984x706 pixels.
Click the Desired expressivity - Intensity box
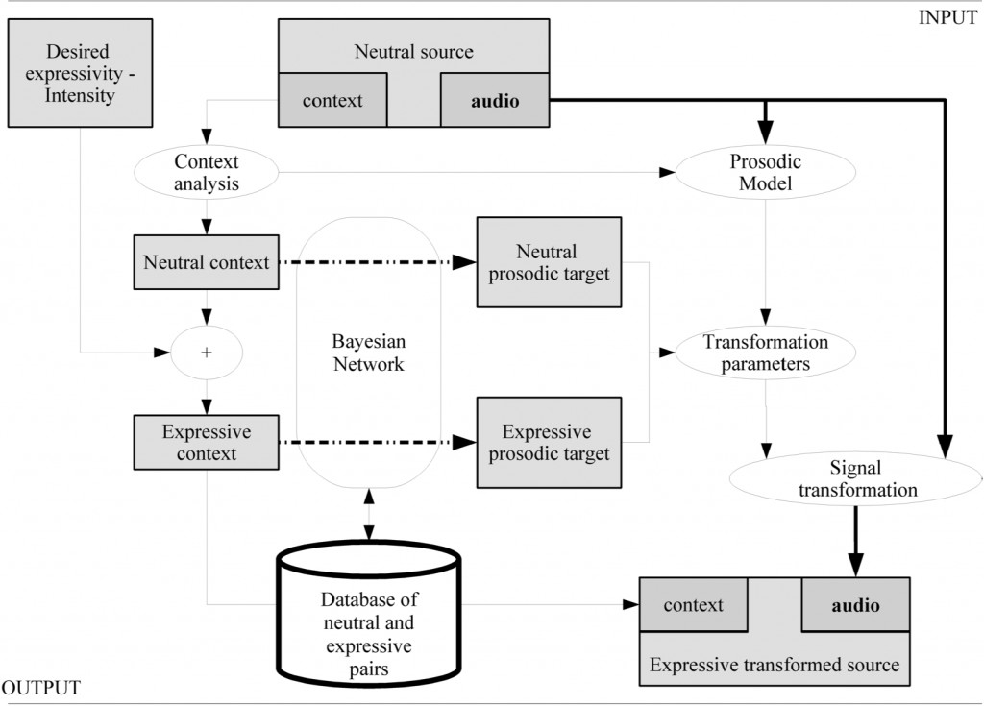coord(80,73)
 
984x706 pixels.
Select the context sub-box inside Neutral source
coord(332,100)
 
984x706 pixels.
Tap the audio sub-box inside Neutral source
coord(495,100)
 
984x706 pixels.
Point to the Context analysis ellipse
coord(207,173)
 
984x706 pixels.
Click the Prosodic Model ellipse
coord(765,173)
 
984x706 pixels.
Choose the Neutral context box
coord(207,262)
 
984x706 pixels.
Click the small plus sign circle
coord(207,353)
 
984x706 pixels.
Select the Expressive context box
coord(207,443)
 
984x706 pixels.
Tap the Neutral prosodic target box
coord(549,262)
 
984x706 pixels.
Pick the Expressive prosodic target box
coord(549,443)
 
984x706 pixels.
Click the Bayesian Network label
coord(369,353)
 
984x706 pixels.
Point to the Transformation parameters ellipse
coord(765,353)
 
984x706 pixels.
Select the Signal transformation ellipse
coord(856,478)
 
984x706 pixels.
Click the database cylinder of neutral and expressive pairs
coord(369,615)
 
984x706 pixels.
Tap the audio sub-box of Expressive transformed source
coord(856,605)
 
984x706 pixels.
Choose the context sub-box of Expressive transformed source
coord(694,605)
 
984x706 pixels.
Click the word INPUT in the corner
coord(947,17)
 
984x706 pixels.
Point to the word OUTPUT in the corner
coord(40,688)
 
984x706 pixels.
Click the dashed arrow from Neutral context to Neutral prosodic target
coord(378,262)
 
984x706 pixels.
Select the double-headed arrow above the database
coord(369,515)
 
